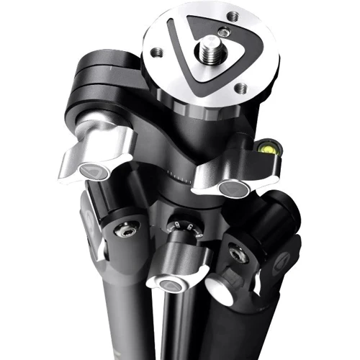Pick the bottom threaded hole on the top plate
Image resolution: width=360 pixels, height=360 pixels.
pos(241,88)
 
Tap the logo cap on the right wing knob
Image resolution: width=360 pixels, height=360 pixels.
pos(230,189)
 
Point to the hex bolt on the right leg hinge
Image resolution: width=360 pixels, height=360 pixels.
pos(235,253)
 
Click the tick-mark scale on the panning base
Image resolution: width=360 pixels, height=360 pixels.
pos(180,175)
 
